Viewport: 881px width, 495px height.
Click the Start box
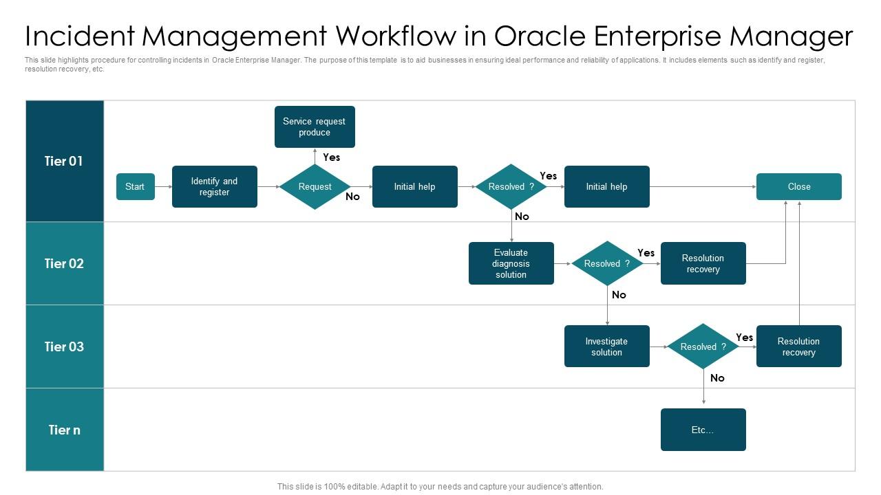[x=135, y=186]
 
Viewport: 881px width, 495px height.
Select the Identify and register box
[x=214, y=186]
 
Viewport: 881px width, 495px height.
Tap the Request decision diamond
[x=315, y=186]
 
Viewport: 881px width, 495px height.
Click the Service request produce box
[x=315, y=126]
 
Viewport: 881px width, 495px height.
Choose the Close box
[x=798, y=186]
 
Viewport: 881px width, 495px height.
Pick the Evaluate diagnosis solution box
[x=511, y=263]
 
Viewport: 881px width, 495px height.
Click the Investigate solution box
[x=606, y=346]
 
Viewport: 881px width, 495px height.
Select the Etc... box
[x=703, y=430]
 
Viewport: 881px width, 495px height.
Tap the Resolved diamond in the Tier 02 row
[x=606, y=263]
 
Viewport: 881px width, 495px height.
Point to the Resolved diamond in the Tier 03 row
[x=703, y=346]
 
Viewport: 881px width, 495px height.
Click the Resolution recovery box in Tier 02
[x=703, y=263]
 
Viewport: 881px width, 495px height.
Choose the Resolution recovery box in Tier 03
[x=798, y=346]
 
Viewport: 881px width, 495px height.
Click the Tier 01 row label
[x=64, y=161]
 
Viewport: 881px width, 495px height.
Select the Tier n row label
[x=64, y=430]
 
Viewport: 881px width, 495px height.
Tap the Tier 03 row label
[x=64, y=346]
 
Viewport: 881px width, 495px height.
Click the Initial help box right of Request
[x=414, y=186]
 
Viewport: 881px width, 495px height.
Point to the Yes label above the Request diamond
[x=332, y=157]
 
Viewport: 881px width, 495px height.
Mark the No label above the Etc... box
[x=717, y=378]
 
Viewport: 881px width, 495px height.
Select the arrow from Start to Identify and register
[x=163, y=186]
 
